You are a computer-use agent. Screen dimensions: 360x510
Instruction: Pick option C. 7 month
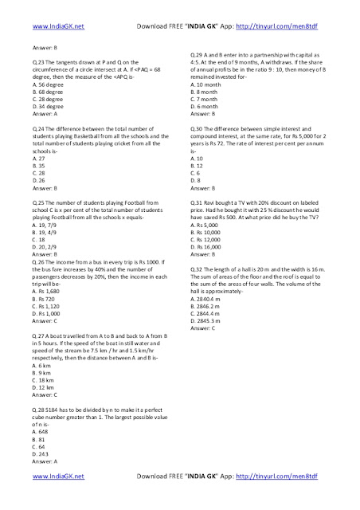[x=210, y=98]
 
